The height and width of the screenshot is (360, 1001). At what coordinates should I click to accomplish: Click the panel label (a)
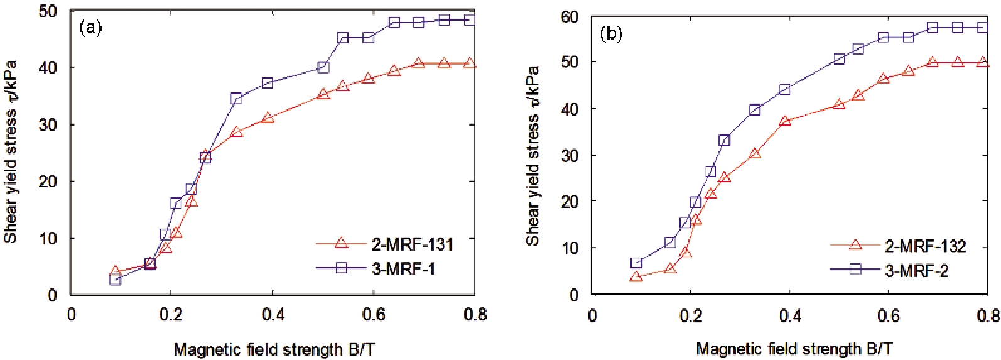pyautogui.click(x=90, y=28)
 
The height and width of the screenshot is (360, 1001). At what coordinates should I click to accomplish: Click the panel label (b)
pyautogui.click(x=611, y=33)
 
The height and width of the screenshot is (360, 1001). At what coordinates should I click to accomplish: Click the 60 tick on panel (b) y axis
pyautogui.click(x=569, y=16)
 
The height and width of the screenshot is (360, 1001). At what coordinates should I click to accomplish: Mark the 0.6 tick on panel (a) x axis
pyautogui.click(x=374, y=314)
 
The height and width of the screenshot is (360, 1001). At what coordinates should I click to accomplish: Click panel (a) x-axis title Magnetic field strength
pyautogui.click(x=274, y=349)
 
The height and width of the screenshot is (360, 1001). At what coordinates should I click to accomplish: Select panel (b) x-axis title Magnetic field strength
pyautogui.click(x=794, y=349)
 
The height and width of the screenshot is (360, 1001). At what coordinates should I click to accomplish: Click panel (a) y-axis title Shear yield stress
pyautogui.click(x=11, y=151)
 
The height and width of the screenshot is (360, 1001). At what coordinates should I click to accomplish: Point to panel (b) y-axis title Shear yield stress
pyautogui.click(x=533, y=155)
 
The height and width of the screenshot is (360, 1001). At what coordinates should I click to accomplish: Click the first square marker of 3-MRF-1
pyautogui.click(x=115, y=279)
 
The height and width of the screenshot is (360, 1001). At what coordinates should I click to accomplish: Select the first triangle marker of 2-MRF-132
pyautogui.click(x=636, y=276)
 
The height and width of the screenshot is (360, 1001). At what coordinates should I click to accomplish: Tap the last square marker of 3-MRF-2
pyautogui.click(x=983, y=28)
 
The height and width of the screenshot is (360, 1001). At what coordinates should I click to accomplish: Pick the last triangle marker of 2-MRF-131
pyautogui.click(x=468, y=63)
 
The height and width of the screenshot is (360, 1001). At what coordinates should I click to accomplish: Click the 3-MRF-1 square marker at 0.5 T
pyautogui.click(x=323, y=67)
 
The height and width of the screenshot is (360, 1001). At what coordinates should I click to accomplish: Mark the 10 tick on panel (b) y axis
pyautogui.click(x=569, y=248)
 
